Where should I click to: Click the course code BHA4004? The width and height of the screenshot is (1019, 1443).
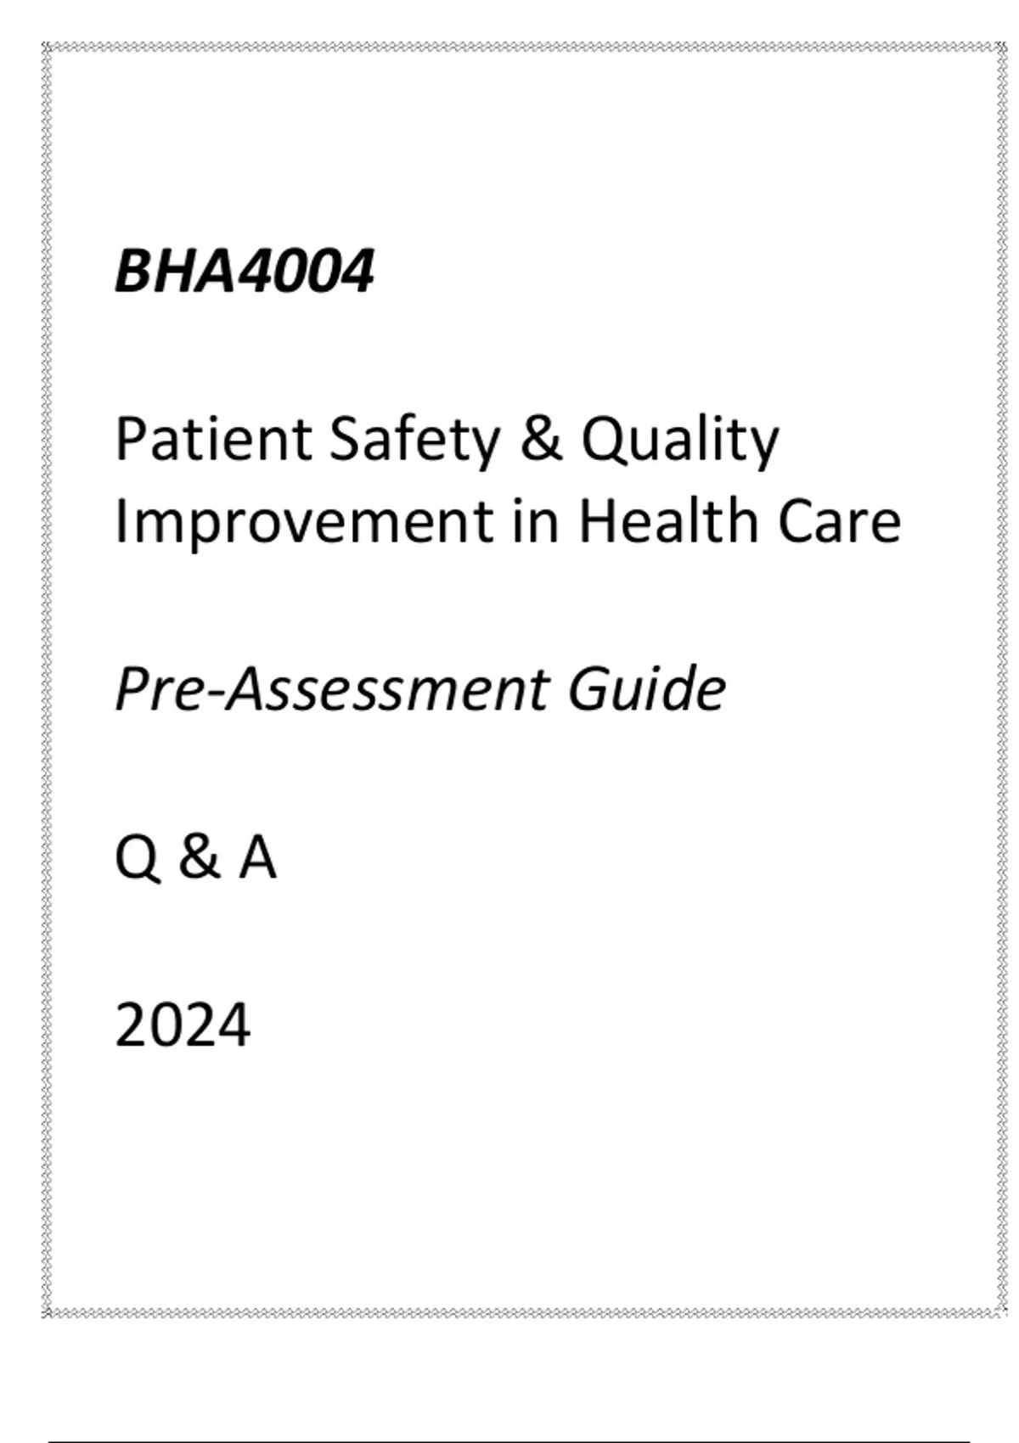[245, 272]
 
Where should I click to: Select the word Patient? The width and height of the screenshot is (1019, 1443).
[213, 440]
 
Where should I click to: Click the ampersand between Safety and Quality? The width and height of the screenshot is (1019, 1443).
[540, 440]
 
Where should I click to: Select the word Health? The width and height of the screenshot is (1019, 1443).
[668, 521]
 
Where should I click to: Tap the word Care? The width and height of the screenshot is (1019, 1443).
[839, 523]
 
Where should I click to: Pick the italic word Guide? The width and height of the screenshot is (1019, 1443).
[647, 688]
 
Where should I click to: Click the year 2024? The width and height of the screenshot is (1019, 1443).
[183, 1025]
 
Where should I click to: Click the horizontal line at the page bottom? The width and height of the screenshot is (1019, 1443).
[509, 1441]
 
